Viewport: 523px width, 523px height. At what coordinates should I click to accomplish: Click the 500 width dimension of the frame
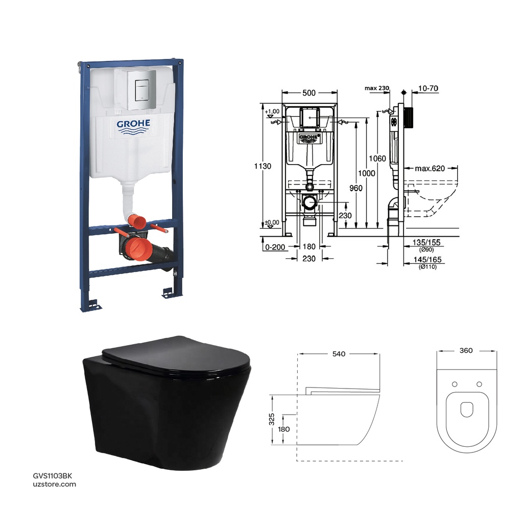click(x=309, y=93)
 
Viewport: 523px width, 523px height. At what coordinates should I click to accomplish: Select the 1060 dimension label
click(x=377, y=158)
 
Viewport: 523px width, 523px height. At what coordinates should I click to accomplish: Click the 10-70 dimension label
click(x=427, y=88)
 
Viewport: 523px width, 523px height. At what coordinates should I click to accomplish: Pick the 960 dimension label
click(x=356, y=188)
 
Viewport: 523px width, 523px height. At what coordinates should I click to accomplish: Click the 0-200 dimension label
click(x=275, y=246)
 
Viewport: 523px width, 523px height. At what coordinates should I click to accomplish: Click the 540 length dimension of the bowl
click(x=339, y=353)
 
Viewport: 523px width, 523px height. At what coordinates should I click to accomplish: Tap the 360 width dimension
click(x=466, y=350)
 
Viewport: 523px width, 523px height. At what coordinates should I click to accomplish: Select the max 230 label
click(x=377, y=88)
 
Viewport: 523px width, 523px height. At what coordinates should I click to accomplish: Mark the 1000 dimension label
click(x=367, y=173)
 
